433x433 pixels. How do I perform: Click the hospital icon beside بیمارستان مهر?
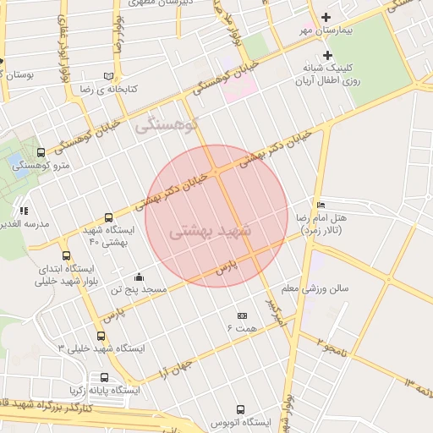click(x=326, y=17)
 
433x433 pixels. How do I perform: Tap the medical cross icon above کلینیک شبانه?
click(x=327, y=55)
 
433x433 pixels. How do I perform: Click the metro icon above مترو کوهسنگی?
click(x=41, y=152)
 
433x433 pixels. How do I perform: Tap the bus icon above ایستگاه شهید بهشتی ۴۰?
click(x=107, y=217)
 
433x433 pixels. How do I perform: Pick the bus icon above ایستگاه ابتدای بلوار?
click(x=66, y=255)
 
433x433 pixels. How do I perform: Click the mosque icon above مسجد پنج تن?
click(x=139, y=276)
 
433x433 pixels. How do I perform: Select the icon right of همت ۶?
click(x=243, y=315)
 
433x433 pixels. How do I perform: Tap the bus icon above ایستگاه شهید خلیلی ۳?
click(x=101, y=336)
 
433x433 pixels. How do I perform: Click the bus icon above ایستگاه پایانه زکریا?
click(x=104, y=377)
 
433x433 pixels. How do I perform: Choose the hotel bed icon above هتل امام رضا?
click(x=320, y=205)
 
